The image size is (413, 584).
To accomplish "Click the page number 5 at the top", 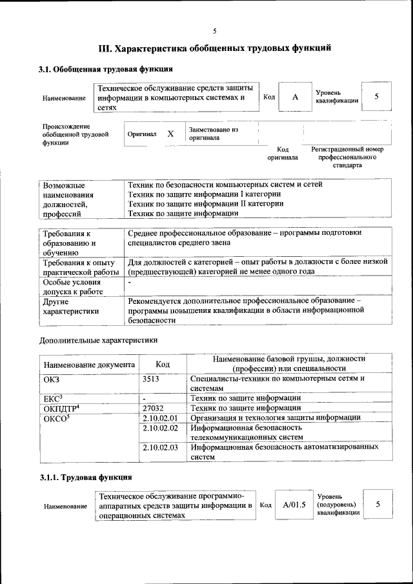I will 214,30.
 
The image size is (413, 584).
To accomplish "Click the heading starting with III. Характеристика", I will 215,48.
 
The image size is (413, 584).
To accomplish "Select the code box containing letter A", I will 295,97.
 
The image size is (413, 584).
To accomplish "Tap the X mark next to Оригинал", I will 170,134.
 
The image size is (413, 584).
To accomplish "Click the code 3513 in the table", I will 151,379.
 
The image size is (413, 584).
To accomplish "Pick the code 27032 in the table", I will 154,408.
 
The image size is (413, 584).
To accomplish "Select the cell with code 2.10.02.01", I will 159,418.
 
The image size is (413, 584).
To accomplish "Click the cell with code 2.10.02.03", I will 159,447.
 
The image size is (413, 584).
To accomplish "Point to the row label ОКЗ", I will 51,379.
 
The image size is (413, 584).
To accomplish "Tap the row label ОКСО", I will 55,418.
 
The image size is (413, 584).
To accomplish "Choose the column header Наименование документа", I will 89,365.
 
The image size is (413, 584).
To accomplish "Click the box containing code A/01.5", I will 293,505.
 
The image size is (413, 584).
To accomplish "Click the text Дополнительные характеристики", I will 98,340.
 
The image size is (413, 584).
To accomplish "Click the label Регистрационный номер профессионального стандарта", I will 347,157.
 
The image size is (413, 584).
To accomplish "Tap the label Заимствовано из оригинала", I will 214,134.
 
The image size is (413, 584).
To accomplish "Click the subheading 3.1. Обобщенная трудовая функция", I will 105,69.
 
